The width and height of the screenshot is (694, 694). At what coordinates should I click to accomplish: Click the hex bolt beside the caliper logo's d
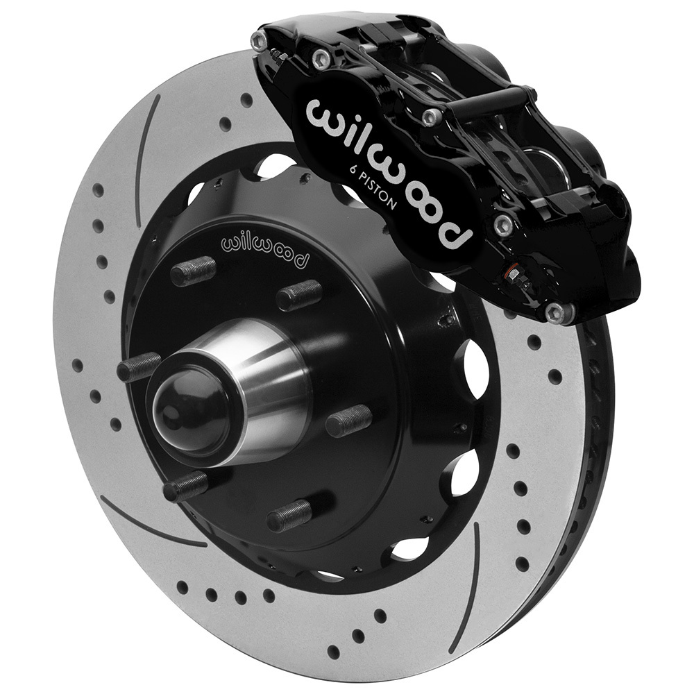(x=504, y=223)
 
